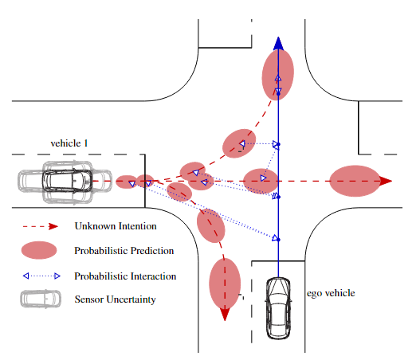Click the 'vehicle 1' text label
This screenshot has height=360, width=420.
pyautogui.click(x=69, y=143)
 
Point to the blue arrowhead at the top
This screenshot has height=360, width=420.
pyautogui.click(x=278, y=44)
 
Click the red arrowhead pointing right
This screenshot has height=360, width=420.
pyautogui.click(x=385, y=181)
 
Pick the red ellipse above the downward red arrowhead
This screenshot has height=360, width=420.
pyautogui.click(x=224, y=282)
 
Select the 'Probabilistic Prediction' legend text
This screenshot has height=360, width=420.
pyautogui.click(x=124, y=250)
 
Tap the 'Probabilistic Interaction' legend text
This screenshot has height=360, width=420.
pyautogui.click(x=125, y=276)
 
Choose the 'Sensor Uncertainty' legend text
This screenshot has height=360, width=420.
pyautogui.click(x=115, y=299)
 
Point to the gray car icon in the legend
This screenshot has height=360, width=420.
pyautogui.click(x=39, y=299)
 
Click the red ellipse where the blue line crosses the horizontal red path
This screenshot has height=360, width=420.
pyautogui.click(x=260, y=181)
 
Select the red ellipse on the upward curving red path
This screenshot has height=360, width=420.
pyautogui.click(x=238, y=142)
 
